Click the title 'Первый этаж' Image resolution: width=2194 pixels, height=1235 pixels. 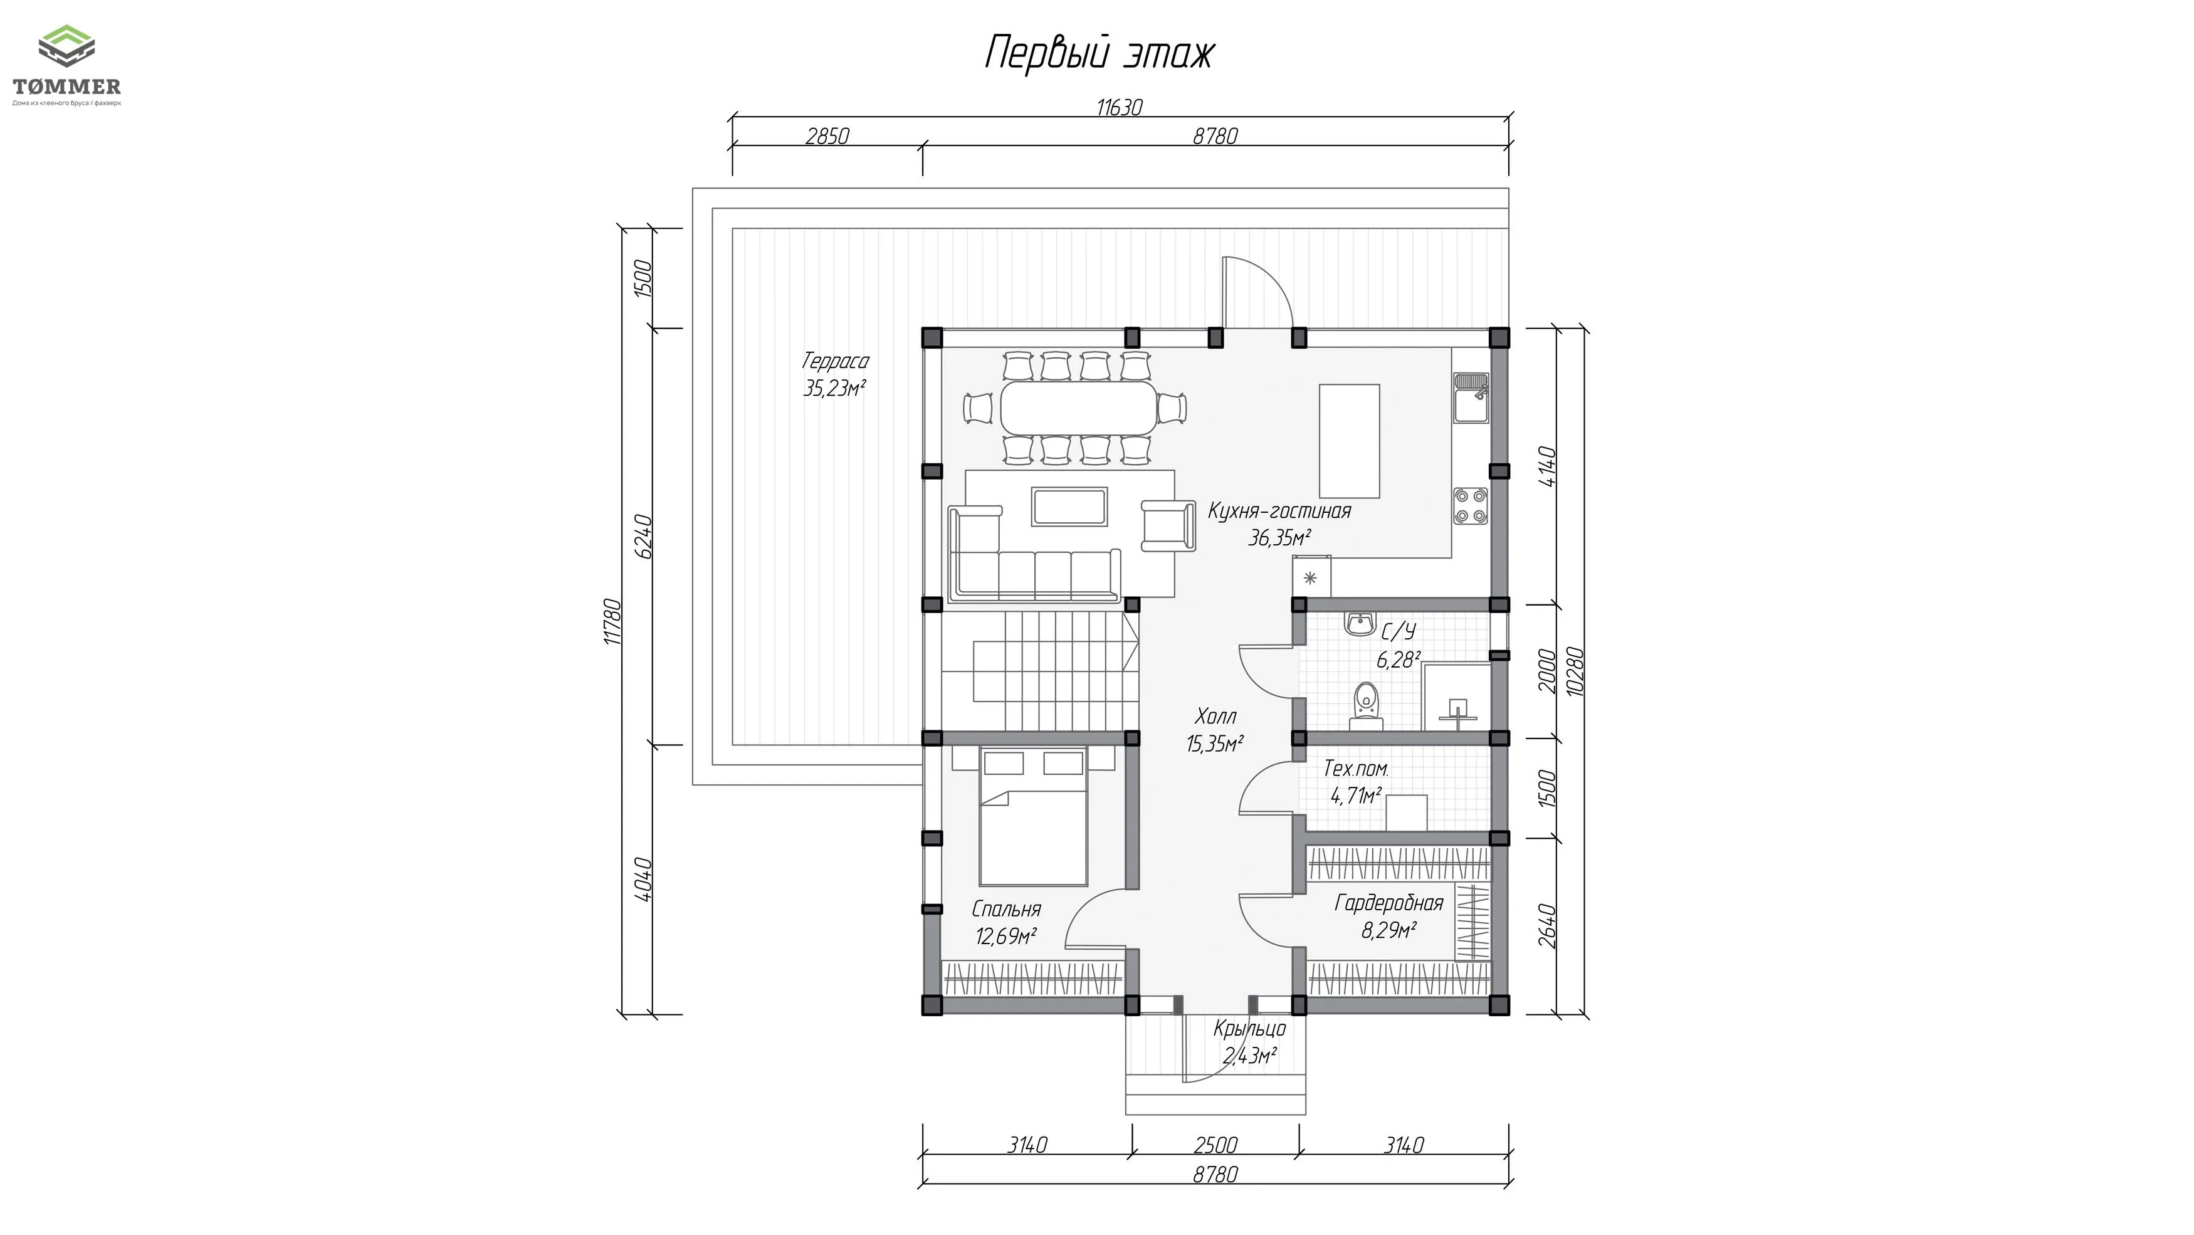click(x=1100, y=53)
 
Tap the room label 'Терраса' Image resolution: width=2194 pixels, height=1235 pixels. click(x=835, y=361)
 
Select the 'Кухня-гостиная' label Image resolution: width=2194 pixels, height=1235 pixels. click(x=1279, y=511)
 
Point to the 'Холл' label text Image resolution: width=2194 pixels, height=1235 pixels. click(x=1215, y=717)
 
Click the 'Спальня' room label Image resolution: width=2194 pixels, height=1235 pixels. click(x=1006, y=910)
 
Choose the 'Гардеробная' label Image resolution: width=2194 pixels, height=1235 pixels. click(x=1389, y=903)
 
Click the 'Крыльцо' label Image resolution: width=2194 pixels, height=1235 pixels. click(x=1249, y=1029)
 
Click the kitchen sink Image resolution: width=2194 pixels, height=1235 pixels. click(x=1471, y=397)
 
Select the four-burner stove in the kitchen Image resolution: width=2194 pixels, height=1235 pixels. click(x=1471, y=505)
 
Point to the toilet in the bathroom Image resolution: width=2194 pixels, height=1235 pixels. click(x=1366, y=705)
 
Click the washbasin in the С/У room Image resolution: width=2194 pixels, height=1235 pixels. click(x=1359, y=624)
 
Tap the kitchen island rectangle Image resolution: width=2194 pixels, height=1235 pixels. click(x=1349, y=440)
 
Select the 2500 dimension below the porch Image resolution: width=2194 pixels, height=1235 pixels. click(x=1215, y=1145)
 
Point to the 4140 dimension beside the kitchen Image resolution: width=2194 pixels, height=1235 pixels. click(x=1548, y=467)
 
